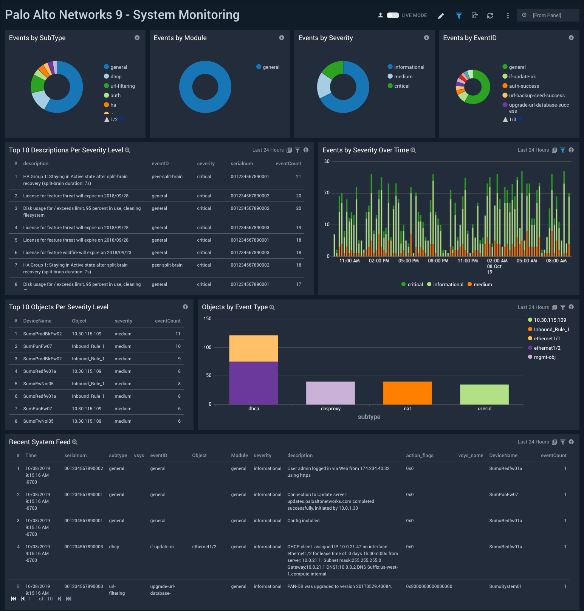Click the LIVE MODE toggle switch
(393, 16)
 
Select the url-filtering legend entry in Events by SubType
(122, 86)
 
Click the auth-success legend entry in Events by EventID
(524, 86)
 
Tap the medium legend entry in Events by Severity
(403, 77)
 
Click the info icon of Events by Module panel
(282, 38)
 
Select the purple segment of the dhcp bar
(253, 383)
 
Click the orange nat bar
(407, 393)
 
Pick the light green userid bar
(484, 394)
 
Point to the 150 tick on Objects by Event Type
(208, 319)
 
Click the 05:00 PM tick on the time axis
(408, 261)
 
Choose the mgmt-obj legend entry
(544, 357)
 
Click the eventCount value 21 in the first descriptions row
(298, 177)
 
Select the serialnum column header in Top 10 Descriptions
(242, 164)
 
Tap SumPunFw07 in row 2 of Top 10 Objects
(37, 346)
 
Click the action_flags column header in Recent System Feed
(420, 456)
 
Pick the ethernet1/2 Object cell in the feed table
(204, 547)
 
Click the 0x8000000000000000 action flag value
(429, 586)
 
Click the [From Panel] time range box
(548, 16)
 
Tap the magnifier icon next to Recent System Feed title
(75, 442)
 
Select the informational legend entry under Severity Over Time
(448, 285)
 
